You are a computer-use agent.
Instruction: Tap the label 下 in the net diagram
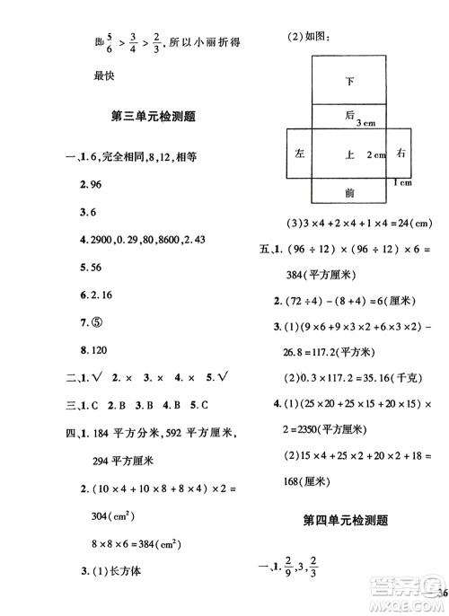click(x=349, y=82)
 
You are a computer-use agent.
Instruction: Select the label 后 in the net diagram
click(x=349, y=116)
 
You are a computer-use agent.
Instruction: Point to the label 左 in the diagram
click(x=298, y=154)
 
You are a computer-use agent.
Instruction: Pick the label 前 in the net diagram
click(x=349, y=191)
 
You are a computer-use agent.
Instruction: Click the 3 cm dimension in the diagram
click(x=365, y=123)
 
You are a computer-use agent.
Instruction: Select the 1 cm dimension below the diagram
click(x=402, y=183)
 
